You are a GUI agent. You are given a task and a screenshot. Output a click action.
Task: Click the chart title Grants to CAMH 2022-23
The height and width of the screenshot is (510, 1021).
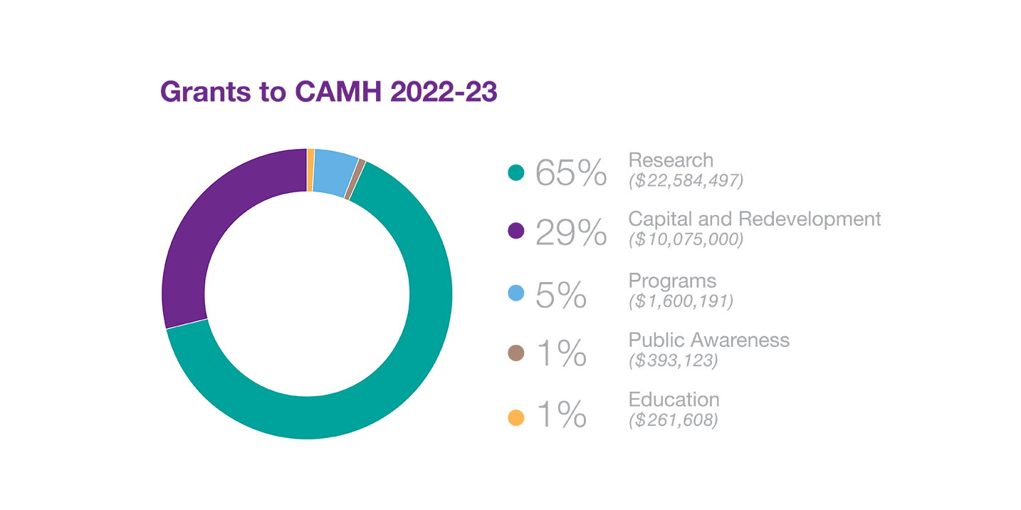[x=328, y=93]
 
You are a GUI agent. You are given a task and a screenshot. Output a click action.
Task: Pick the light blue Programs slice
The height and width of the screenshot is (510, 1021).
[x=335, y=172]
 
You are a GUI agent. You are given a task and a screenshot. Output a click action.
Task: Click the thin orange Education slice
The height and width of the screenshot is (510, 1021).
[x=310, y=170]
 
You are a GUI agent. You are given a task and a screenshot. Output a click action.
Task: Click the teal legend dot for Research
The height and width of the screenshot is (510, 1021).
[x=516, y=172]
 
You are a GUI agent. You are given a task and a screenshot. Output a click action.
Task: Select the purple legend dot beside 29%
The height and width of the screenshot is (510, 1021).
[x=516, y=231]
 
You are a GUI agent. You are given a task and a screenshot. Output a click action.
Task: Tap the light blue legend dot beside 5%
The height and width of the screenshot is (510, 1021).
[x=516, y=293]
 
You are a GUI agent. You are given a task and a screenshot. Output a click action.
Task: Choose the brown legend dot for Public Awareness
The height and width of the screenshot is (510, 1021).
[x=516, y=353]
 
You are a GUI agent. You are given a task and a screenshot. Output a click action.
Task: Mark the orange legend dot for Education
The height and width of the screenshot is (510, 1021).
[x=516, y=418]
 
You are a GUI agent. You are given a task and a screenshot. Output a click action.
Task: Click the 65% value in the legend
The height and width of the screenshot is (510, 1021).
[x=571, y=172]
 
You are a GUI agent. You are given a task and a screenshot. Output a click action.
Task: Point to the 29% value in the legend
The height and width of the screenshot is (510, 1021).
[x=571, y=232]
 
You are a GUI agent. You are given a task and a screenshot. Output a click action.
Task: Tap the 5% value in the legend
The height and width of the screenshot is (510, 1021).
[x=561, y=294]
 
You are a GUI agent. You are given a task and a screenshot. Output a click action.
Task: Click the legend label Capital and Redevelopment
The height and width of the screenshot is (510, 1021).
[x=755, y=219]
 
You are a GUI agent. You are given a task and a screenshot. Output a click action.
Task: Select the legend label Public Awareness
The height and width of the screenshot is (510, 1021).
[x=709, y=340]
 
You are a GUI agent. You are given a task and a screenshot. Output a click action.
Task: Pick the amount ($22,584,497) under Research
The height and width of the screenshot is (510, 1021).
[x=686, y=181]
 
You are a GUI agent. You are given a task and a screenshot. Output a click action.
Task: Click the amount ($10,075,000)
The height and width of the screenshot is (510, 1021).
[x=686, y=240]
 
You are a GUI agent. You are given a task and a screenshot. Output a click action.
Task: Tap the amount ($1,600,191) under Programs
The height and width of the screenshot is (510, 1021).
[x=681, y=301]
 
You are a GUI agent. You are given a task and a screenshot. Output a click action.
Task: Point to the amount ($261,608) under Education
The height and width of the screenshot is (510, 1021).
[x=674, y=421]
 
